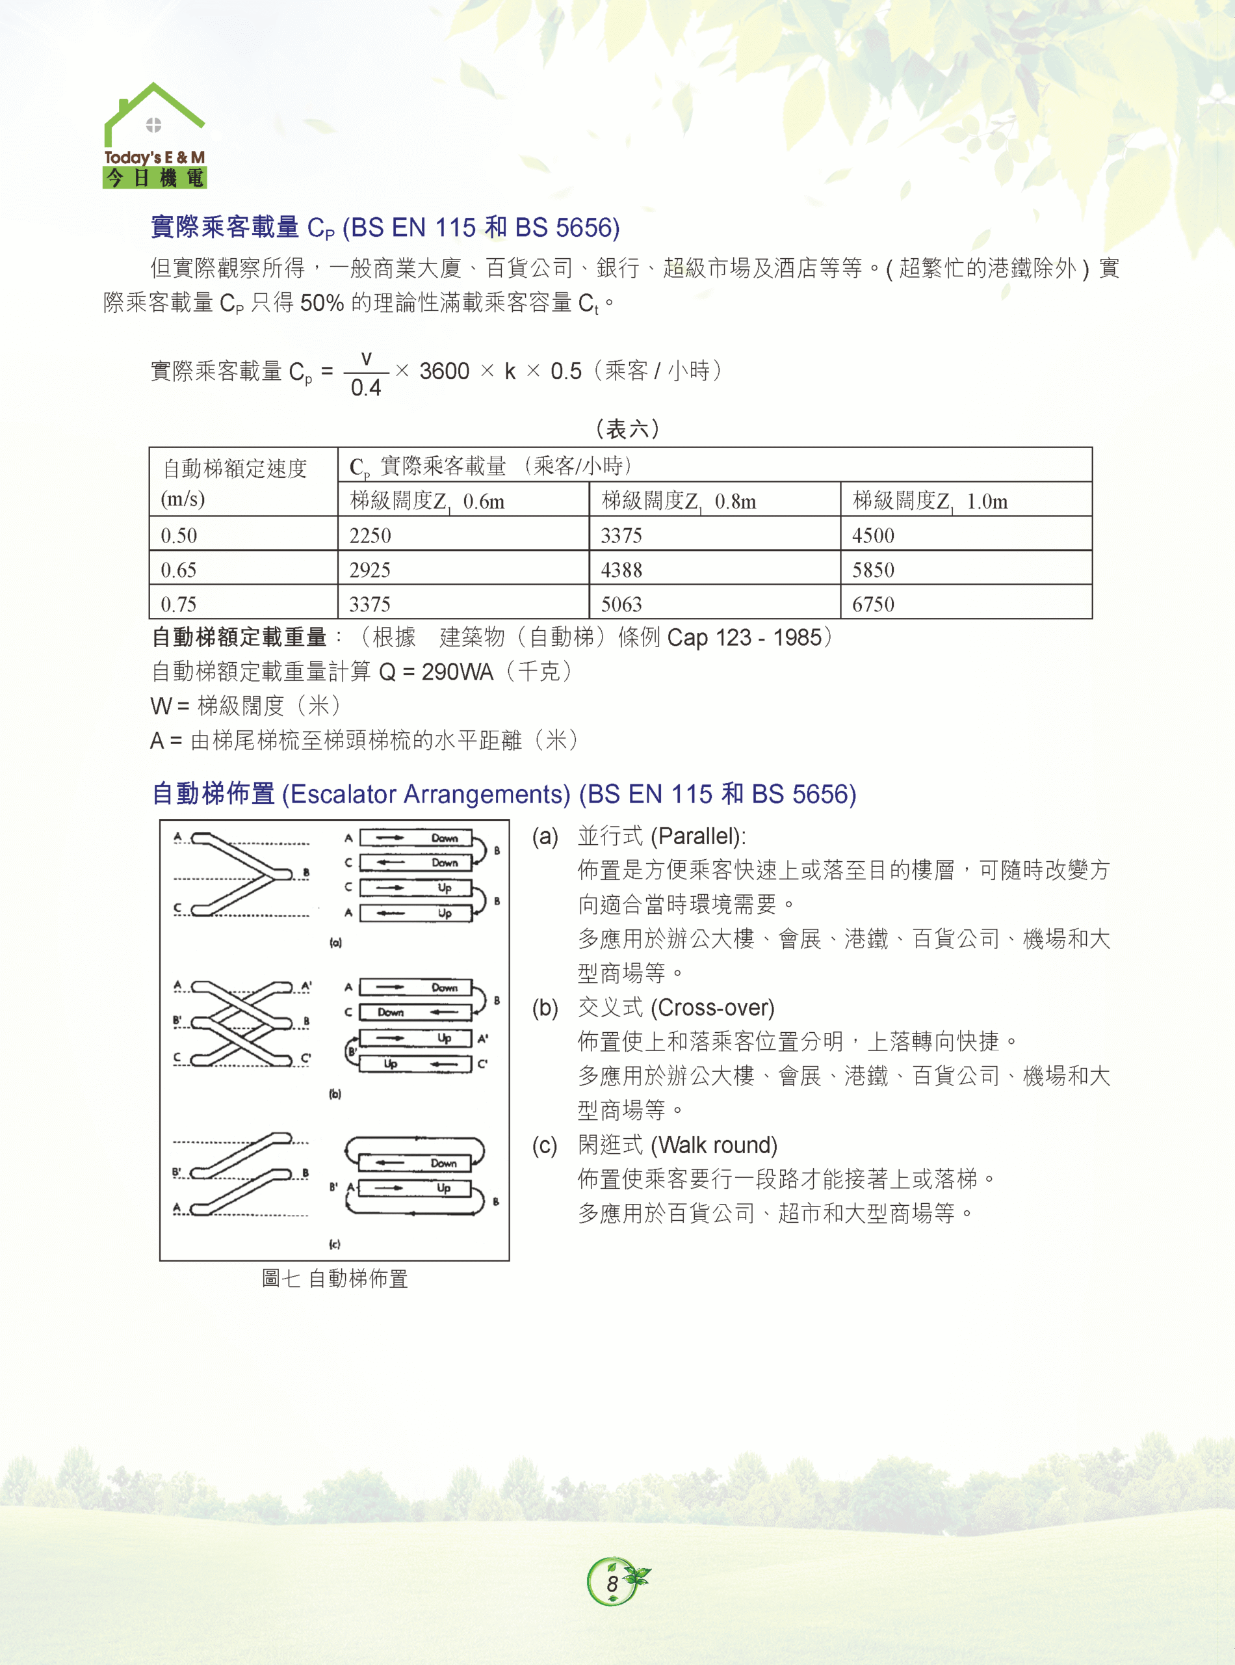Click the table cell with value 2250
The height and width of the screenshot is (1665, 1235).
tap(370, 535)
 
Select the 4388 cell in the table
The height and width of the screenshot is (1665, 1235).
tap(621, 570)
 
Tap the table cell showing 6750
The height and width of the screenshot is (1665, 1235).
tap(872, 604)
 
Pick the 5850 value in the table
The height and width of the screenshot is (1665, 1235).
tap(872, 570)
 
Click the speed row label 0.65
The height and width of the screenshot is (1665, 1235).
tap(179, 570)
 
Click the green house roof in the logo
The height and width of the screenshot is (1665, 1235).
tap(154, 101)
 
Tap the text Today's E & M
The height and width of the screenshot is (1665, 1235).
tap(154, 157)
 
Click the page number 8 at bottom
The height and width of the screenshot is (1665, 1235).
tap(612, 1584)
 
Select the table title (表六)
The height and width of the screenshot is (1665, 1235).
tap(627, 429)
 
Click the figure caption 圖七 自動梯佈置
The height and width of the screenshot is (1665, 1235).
tap(334, 1278)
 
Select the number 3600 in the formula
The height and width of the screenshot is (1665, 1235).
tap(444, 371)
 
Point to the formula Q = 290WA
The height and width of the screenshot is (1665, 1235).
tap(437, 672)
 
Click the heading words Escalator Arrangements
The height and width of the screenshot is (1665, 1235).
tap(426, 793)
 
